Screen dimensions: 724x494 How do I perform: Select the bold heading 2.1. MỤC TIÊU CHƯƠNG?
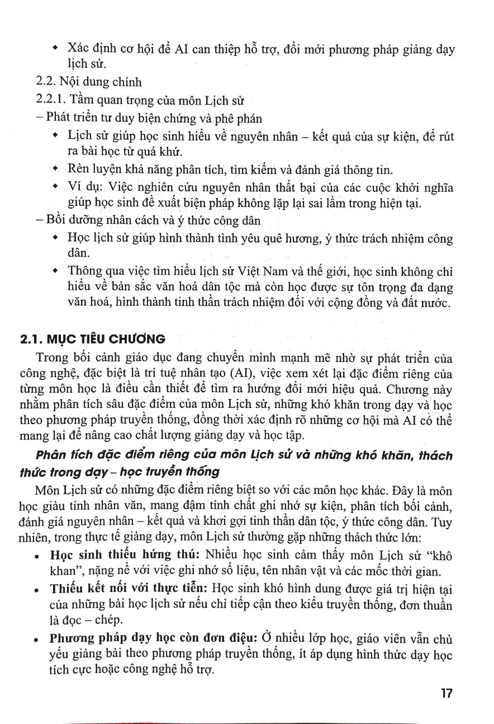(92, 339)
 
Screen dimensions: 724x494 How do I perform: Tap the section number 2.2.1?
(52, 101)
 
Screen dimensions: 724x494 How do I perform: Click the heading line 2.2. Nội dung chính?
(89, 83)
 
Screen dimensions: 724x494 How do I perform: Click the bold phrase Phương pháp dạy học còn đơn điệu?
(153, 639)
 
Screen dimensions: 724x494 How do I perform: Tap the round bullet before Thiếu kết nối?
(36, 590)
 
